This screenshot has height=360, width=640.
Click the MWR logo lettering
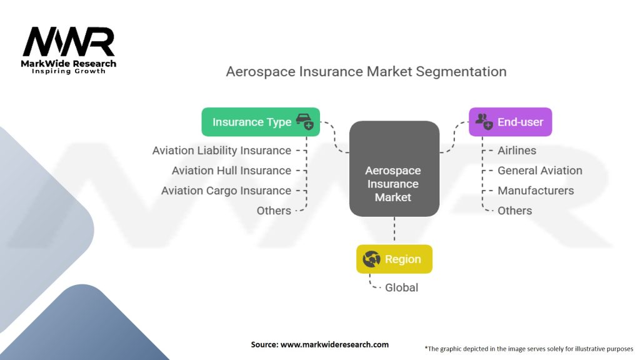(x=69, y=42)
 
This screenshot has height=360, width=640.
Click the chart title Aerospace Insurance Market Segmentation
(x=366, y=71)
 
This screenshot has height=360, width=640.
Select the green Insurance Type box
(x=261, y=122)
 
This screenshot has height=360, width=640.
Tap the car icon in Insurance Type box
(x=304, y=122)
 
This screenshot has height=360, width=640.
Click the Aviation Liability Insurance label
(x=222, y=151)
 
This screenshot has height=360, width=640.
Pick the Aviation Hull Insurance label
(x=231, y=171)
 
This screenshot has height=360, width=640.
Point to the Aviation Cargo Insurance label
(x=226, y=191)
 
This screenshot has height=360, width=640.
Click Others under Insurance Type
(x=274, y=211)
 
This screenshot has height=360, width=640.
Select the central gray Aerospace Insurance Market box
(x=394, y=169)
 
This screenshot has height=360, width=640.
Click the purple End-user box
(x=510, y=122)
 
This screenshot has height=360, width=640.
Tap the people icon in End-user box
(x=484, y=122)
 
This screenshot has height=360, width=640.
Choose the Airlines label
(x=517, y=151)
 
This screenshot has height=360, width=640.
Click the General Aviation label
(x=540, y=171)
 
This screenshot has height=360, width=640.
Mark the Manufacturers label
(x=536, y=191)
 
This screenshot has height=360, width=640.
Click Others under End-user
(x=515, y=211)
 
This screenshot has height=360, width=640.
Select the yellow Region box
(x=394, y=259)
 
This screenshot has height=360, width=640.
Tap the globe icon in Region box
(x=371, y=259)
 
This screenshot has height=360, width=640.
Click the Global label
(x=402, y=287)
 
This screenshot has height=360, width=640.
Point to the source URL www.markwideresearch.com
(x=335, y=344)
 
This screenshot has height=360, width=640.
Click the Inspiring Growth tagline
(x=69, y=71)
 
